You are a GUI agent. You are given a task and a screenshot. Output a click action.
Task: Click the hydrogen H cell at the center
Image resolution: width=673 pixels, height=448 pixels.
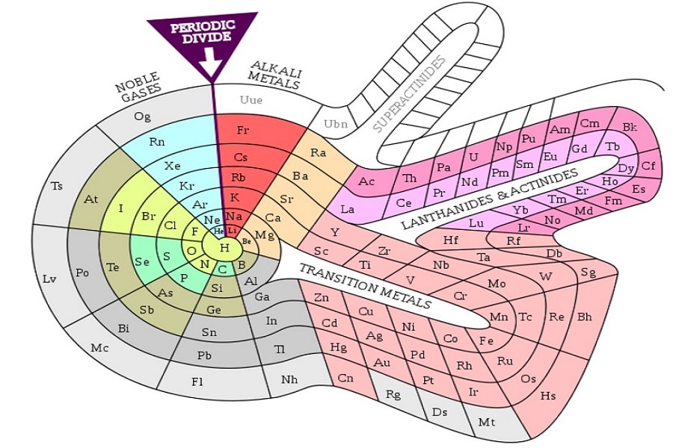(224, 247)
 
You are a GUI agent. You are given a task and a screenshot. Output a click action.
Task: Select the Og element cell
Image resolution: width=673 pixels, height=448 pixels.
(142, 117)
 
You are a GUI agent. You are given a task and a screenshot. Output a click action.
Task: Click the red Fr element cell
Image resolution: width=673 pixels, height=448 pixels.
(243, 130)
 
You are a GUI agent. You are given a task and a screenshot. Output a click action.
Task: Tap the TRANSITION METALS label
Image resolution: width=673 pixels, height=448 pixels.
(365, 285)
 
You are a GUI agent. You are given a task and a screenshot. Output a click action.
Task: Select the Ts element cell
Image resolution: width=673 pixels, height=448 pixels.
(57, 186)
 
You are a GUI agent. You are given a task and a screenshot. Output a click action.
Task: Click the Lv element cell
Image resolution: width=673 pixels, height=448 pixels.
(49, 279)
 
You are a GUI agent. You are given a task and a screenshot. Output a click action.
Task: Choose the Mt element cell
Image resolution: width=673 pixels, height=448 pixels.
(487, 423)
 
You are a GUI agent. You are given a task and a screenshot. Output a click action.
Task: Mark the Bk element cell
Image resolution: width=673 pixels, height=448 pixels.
(629, 127)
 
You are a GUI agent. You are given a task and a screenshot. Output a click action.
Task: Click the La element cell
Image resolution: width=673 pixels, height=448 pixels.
(348, 209)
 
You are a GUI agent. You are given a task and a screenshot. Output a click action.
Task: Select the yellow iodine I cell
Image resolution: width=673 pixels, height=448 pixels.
(121, 208)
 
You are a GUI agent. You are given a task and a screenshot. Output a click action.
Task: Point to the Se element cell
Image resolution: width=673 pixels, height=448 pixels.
(142, 262)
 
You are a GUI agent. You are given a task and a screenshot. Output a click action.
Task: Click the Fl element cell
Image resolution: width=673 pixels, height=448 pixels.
(197, 382)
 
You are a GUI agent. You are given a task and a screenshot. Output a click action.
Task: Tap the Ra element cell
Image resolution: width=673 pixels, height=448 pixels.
(319, 153)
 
